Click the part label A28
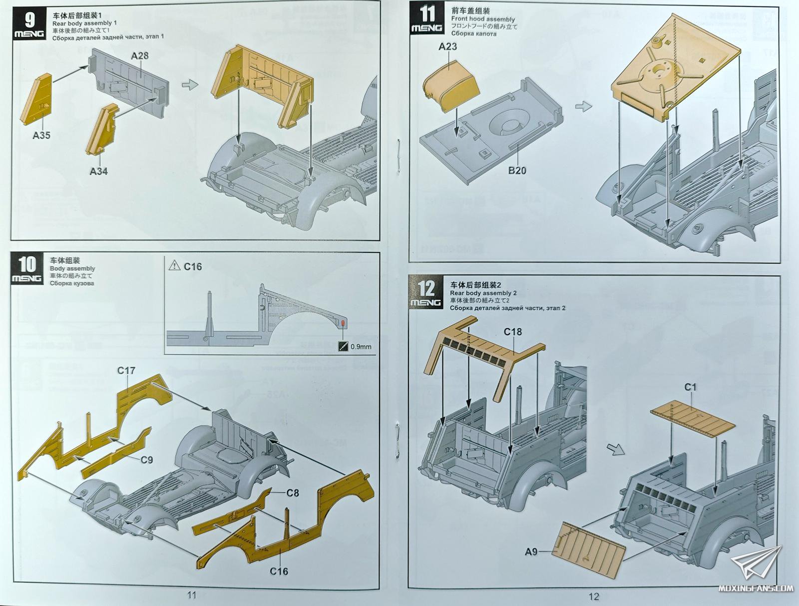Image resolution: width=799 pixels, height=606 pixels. tap(140, 55)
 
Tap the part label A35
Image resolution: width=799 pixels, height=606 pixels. tap(41, 135)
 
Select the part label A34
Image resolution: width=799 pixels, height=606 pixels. tap(98, 171)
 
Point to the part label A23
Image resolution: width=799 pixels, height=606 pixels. tap(447, 46)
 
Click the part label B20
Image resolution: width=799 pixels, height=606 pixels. tap(517, 170)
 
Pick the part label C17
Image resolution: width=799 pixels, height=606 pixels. tap(126, 371)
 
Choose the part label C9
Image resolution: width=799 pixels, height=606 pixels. tap(146, 460)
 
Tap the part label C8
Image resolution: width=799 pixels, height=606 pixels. tap(293, 493)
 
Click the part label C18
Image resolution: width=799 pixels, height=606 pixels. tap(513, 332)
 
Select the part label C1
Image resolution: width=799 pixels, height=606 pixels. tap(690, 387)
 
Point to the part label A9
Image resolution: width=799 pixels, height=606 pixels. tap(531, 552)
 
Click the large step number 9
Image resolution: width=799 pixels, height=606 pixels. tap(30, 20)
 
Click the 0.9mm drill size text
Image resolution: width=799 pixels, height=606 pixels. tap(361, 346)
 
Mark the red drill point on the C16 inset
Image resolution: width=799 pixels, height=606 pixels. tap(343, 324)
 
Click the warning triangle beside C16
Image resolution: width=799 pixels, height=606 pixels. tap(174, 266)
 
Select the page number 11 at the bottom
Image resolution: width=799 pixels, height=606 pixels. tap(191, 595)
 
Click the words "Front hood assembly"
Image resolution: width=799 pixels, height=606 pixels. tap(483, 19)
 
